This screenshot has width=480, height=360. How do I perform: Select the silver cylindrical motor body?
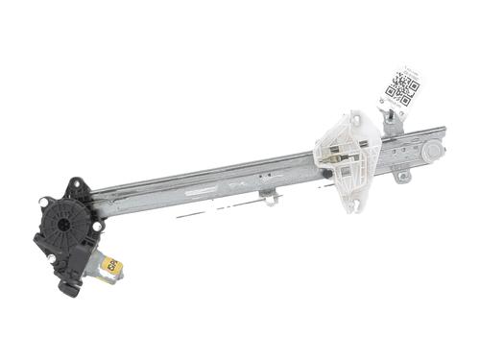pos(96,270)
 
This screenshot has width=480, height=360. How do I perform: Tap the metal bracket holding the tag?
pos(390,119)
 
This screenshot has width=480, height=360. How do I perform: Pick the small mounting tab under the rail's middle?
pos(271,199)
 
